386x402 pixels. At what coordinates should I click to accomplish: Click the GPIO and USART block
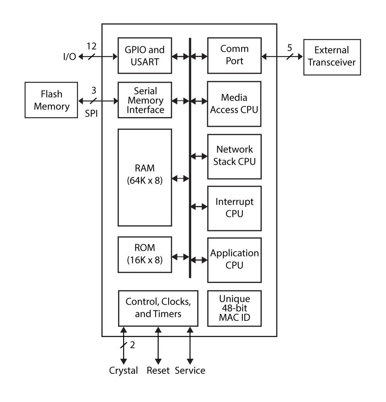point(145,55)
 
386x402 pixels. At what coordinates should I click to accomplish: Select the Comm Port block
point(234,55)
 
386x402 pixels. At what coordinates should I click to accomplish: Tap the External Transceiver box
point(332,56)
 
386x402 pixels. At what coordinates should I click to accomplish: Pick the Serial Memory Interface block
point(145,100)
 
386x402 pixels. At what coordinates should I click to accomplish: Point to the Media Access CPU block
point(234,104)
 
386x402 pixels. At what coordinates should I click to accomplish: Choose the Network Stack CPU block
point(234,156)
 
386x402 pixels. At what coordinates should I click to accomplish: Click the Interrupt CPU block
point(234,208)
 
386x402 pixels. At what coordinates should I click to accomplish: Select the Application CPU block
point(234,260)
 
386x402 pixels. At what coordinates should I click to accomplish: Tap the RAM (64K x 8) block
point(145,177)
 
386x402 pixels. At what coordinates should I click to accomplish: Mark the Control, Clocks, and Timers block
point(158,308)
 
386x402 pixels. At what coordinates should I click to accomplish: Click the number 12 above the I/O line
point(91,46)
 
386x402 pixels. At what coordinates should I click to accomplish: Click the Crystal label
point(123,371)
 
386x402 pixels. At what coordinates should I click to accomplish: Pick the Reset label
point(158,371)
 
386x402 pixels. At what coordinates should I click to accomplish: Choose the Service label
point(190,371)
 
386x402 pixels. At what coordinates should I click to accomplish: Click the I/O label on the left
point(69,57)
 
